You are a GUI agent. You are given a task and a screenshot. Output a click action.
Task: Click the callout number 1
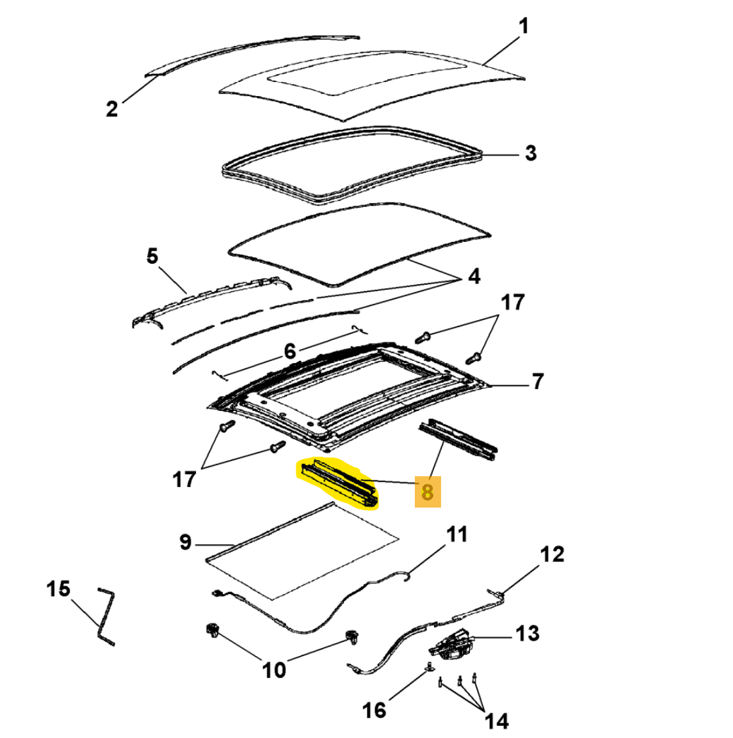pyautogui.click(x=523, y=26)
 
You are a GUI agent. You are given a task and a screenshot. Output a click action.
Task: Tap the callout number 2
pyautogui.click(x=112, y=109)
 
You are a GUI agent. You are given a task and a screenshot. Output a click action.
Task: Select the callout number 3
pyautogui.click(x=530, y=154)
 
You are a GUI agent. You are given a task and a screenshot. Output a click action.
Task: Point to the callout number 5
pyautogui.click(x=152, y=257)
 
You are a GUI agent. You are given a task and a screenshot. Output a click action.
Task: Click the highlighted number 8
pyautogui.click(x=428, y=492)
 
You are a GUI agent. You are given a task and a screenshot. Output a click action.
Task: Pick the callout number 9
pyautogui.click(x=185, y=543)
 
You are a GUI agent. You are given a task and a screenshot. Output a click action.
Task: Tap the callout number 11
pyautogui.click(x=456, y=534)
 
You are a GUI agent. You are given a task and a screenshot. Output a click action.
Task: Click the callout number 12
pyautogui.click(x=552, y=554)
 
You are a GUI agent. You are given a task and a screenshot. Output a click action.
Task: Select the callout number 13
pyautogui.click(x=528, y=634)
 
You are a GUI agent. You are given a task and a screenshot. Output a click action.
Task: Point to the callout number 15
pyautogui.click(x=58, y=588)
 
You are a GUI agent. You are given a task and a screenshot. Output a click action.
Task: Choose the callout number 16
pyautogui.click(x=374, y=709)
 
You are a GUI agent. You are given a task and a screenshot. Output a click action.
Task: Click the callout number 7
pyautogui.click(x=537, y=381)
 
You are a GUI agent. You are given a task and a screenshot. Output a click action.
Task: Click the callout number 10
pyautogui.click(x=274, y=670)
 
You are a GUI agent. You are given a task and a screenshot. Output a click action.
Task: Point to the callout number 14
pyautogui.click(x=496, y=721)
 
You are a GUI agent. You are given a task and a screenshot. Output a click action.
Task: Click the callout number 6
pyautogui.click(x=289, y=351)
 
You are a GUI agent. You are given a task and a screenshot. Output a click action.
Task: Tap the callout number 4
pyautogui.click(x=474, y=277)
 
